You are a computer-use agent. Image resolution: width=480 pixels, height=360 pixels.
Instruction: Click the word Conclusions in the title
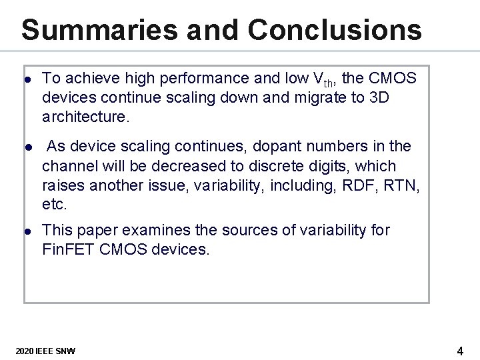click(335, 30)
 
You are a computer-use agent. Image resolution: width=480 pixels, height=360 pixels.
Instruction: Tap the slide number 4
click(460, 351)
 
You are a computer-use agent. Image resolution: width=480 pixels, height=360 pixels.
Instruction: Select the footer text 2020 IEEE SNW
click(45, 351)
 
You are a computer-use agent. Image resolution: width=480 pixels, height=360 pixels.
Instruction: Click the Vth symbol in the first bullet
click(321, 79)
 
